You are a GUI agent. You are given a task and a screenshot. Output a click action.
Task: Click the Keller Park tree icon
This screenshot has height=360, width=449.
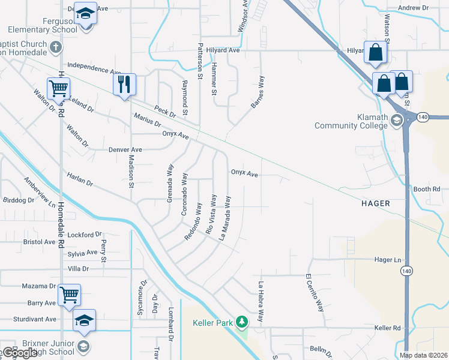241,322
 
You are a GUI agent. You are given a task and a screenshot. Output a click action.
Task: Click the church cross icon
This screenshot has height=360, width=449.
55,47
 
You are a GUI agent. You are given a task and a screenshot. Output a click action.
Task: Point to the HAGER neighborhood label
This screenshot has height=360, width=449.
376,203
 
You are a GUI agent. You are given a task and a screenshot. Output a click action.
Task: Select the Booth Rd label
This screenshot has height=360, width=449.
427,189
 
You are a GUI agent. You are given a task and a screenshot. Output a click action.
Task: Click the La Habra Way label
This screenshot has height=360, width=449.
261,302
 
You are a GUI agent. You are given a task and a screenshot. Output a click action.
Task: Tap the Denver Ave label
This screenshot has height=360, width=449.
125,149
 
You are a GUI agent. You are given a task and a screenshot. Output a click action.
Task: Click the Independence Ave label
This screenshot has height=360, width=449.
94,68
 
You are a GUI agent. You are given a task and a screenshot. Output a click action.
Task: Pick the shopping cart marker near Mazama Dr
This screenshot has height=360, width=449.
70,295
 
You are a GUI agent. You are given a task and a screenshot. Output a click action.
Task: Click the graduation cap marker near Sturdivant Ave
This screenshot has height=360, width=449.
84,321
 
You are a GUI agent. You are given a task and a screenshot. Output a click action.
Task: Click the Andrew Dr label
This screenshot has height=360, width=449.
414,8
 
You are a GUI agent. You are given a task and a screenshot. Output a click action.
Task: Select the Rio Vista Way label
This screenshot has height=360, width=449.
211,214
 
